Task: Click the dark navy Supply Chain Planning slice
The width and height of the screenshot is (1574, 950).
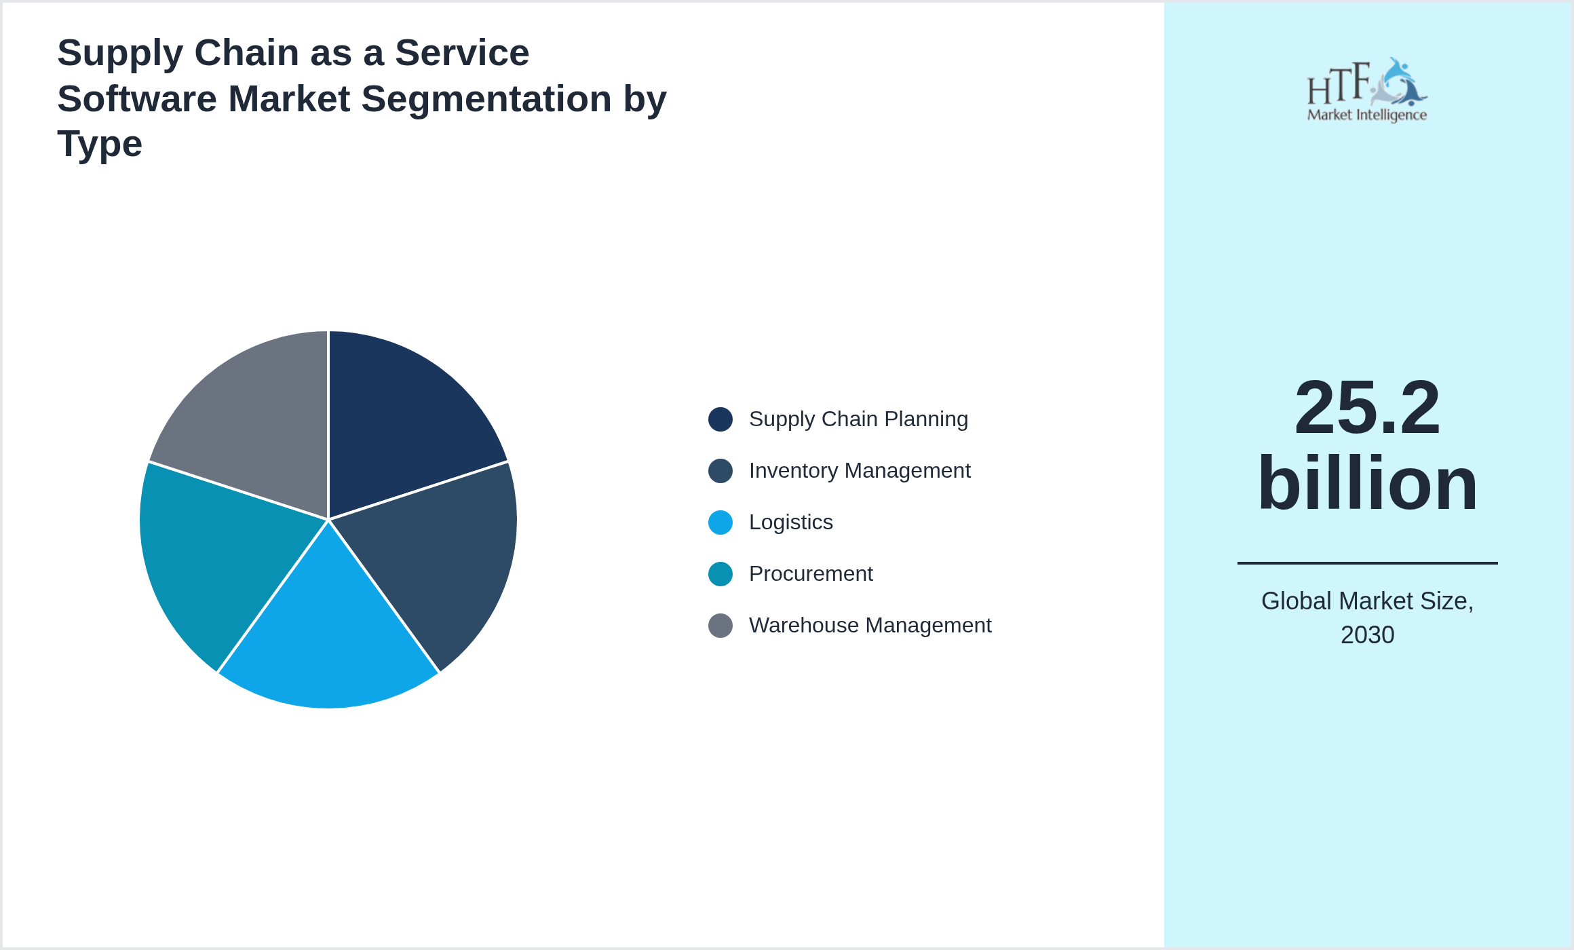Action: pos(400,421)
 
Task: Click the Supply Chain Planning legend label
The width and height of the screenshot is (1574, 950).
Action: pos(858,419)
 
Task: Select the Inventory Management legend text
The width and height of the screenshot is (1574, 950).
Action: pos(860,471)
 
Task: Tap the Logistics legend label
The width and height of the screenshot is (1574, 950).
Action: pos(790,522)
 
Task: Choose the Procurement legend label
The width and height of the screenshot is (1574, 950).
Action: pos(811,574)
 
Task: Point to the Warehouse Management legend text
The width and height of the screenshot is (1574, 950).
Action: pos(870,626)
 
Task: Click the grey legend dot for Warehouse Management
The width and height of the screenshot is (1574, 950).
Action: pos(721,626)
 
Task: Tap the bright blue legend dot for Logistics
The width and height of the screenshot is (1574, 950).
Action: pos(721,522)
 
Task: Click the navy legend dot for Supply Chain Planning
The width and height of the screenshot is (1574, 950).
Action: pos(721,419)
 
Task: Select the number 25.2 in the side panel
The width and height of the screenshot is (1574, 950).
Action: pos(1367,408)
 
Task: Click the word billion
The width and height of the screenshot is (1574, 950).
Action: pos(1367,483)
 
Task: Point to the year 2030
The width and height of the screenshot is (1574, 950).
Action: pos(1367,635)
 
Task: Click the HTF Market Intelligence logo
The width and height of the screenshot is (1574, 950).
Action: pos(1367,90)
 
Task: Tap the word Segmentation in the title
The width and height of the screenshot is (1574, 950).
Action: pos(486,99)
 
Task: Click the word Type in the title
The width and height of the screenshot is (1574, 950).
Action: pos(100,144)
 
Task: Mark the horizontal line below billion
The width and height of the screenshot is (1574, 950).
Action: pos(1367,563)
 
